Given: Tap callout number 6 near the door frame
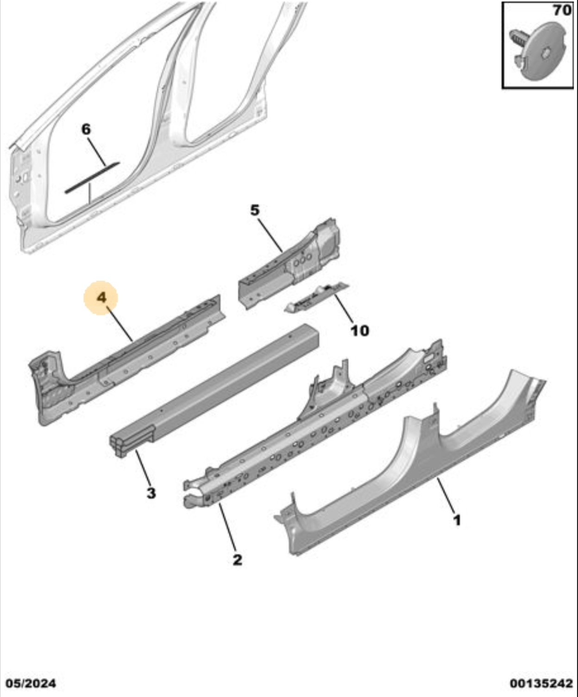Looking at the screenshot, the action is pyautogui.click(x=86, y=129).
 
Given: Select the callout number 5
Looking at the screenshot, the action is pyautogui.click(x=255, y=210).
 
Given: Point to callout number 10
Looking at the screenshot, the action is pyautogui.click(x=360, y=330).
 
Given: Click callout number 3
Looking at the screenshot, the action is pyautogui.click(x=151, y=493).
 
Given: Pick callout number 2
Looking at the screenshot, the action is pyautogui.click(x=237, y=559).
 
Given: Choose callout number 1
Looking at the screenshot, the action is pyautogui.click(x=457, y=520).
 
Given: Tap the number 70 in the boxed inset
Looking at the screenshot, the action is pyautogui.click(x=562, y=11).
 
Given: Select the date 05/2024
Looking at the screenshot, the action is pyautogui.click(x=31, y=683).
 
